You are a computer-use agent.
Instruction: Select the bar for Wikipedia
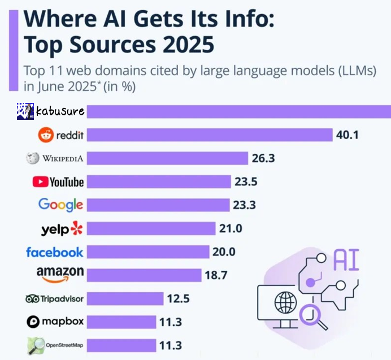point(168,158)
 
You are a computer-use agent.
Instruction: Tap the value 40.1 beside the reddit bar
point(347,135)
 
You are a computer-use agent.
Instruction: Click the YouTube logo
point(58,181)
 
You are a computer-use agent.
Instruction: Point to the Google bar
point(158,205)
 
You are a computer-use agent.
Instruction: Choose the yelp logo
point(62,229)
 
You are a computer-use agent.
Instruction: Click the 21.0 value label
point(230,228)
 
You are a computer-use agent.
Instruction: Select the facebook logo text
point(54,252)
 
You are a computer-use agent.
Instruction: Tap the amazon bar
point(144,275)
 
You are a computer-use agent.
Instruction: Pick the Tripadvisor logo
point(54,298)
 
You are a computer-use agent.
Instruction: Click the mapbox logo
point(55,322)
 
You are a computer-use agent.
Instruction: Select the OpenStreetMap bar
point(121,345)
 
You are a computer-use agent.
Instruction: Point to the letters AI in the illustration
point(346,261)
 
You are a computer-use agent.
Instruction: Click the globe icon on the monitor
point(285,302)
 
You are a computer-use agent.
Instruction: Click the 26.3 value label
point(263,158)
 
